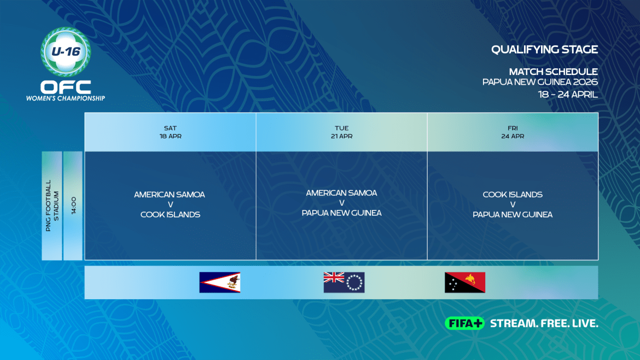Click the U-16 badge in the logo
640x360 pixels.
tap(66, 52)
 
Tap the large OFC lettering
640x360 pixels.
tap(66, 87)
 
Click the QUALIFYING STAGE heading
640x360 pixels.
tap(544, 49)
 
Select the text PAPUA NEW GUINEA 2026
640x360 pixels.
tap(540, 82)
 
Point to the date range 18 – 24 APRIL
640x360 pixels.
tap(568, 94)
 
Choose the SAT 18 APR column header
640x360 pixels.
tap(170, 132)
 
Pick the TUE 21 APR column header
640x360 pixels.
tap(342, 132)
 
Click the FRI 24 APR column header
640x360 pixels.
tap(513, 132)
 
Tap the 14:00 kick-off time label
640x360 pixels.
tap(73, 205)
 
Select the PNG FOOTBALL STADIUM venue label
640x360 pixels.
tap(52, 206)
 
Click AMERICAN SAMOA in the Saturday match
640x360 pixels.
tap(170, 195)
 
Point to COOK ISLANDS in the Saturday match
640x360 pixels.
tap(170, 214)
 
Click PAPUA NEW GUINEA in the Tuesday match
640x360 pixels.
tap(342, 213)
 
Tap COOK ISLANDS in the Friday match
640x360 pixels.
tap(513, 195)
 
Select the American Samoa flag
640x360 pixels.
tap(220, 282)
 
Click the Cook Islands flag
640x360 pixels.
tap(344, 282)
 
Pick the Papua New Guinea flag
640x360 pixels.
tap(465, 282)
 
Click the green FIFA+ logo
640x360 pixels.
tap(465, 323)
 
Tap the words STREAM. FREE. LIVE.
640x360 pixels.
tap(544, 323)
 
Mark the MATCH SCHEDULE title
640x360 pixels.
tap(553, 72)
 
